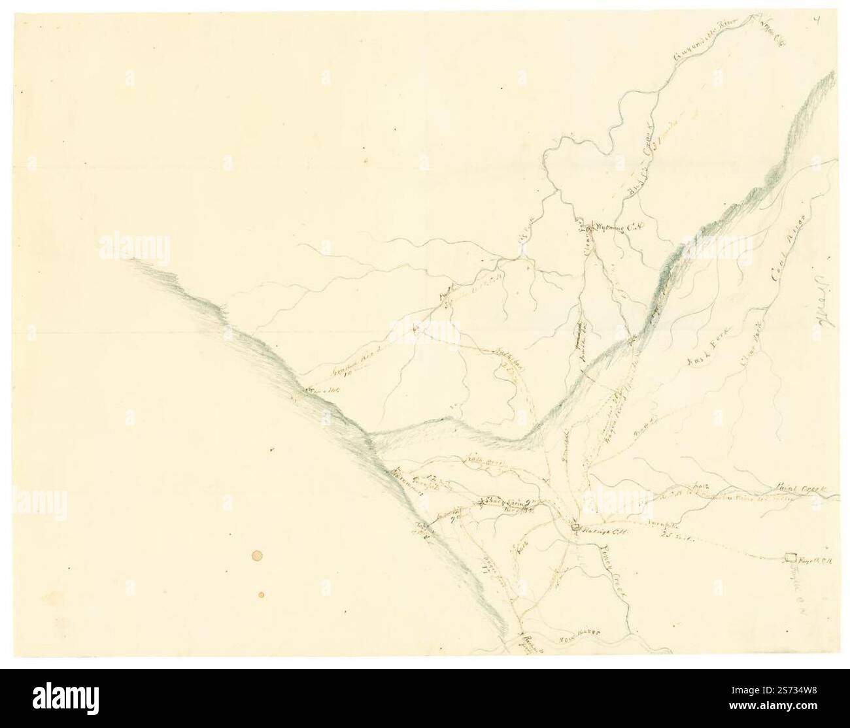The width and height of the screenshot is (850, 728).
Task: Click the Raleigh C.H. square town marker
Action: (x=575, y=527)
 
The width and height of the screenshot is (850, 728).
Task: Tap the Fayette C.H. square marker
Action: (x=790, y=557)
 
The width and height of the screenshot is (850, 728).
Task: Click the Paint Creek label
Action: (x=802, y=488)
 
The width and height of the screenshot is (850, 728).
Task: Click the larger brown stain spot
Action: (x=256, y=556)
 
